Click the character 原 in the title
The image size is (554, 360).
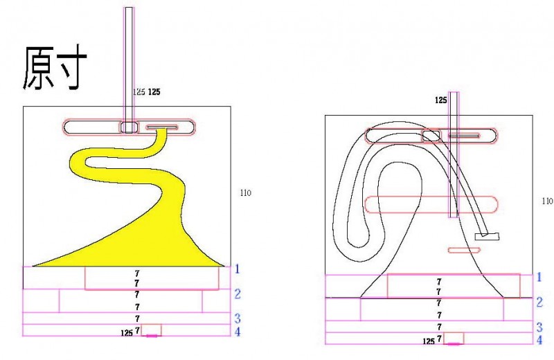tap(41, 69)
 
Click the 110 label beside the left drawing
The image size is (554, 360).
tap(244, 192)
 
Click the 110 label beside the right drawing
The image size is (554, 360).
tap(547, 201)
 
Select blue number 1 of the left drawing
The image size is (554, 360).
tap(236, 269)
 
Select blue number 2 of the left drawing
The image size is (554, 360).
tap(237, 294)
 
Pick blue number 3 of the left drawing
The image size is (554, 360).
tap(237, 318)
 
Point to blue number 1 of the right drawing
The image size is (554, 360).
tap(539, 278)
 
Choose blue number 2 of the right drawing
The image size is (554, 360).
tap(539, 303)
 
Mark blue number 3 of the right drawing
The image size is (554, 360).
tap(539, 327)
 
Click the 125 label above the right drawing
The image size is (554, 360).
tap(441, 100)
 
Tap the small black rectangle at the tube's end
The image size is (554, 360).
tap(487, 237)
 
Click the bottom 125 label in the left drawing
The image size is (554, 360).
tap(126, 333)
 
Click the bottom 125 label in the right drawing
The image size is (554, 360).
tap(429, 341)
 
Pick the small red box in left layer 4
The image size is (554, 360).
tap(152, 330)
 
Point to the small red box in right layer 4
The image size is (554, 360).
tap(454, 338)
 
